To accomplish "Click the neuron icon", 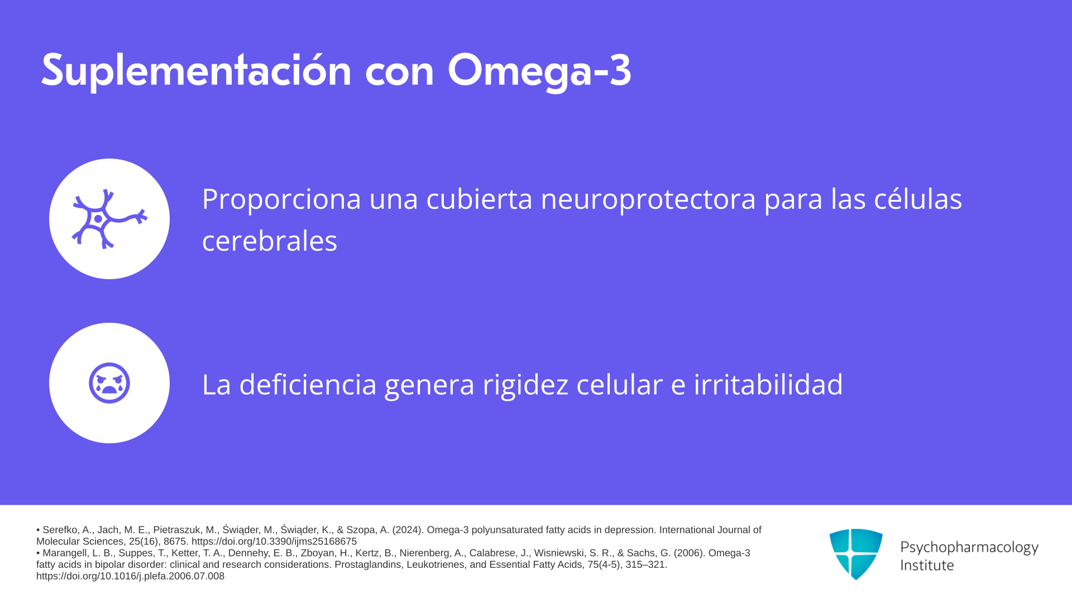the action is tap(109, 219).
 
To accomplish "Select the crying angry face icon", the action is tap(109, 383).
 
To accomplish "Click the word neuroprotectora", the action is tap(648, 199).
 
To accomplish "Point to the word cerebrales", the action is tap(270, 241).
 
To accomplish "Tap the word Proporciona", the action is tap(282, 199).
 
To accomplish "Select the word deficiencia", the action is tap(308, 384).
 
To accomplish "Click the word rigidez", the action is tap(525, 385).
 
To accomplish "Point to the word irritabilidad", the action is tap(768, 384).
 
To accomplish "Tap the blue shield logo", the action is tap(856, 554).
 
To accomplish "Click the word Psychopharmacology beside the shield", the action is tap(969, 548).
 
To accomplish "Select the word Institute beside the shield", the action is tap(927, 565).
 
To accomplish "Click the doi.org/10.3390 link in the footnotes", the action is tap(274, 542).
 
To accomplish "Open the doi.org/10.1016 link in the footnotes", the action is tap(130, 576).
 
